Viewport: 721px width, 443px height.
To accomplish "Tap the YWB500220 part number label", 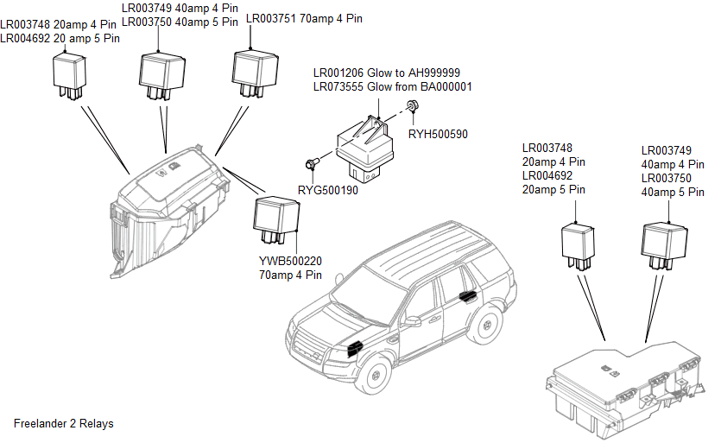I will [x=290, y=262].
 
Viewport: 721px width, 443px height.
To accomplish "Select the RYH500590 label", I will [x=438, y=135].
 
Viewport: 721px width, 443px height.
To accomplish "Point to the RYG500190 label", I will [x=328, y=190].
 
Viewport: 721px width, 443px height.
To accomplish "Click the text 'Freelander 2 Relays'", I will [x=64, y=424].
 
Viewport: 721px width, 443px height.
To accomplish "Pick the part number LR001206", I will [x=340, y=73].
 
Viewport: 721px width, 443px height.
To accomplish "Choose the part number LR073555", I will [x=340, y=87].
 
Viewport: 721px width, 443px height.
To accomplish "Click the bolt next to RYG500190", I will [x=311, y=162].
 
